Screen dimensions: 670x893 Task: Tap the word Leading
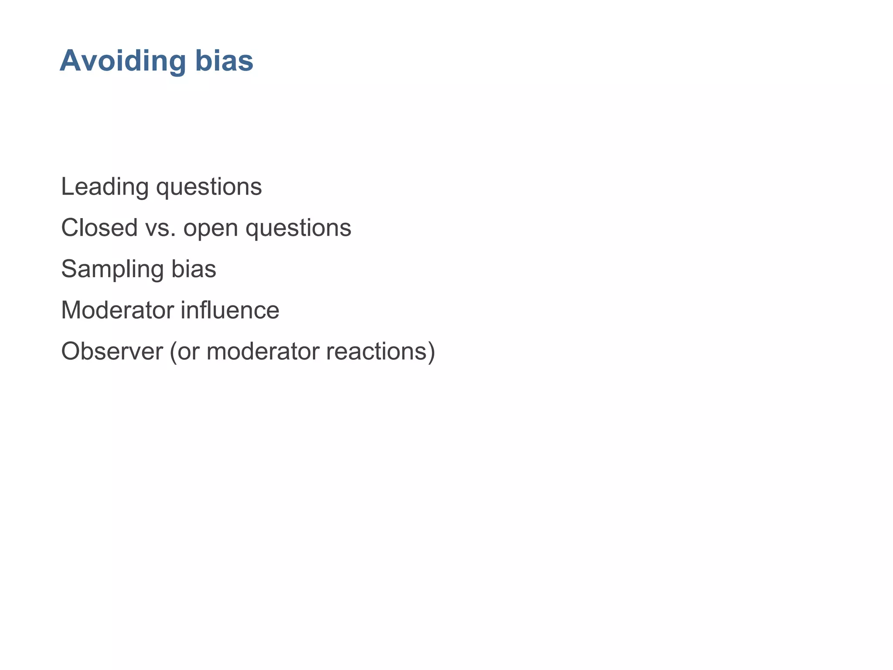click(x=105, y=187)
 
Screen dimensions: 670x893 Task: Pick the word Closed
click(x=99, y=228)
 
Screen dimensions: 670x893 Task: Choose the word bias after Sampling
click(x=194, y=269)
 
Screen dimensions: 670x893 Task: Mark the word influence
click(x=230, y=310)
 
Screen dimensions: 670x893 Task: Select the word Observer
click(x=112, y=352)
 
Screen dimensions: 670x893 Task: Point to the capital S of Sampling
click(x=69, y=269)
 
